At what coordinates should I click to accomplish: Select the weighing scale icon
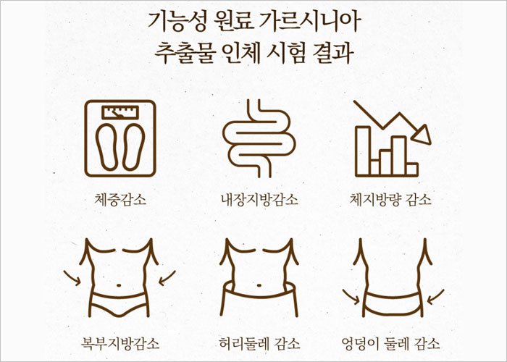coord(120,138)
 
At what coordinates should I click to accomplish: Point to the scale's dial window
coord(120,111)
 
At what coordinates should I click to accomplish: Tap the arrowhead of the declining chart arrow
coord(421,135)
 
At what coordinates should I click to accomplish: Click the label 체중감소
coord(120,198)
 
